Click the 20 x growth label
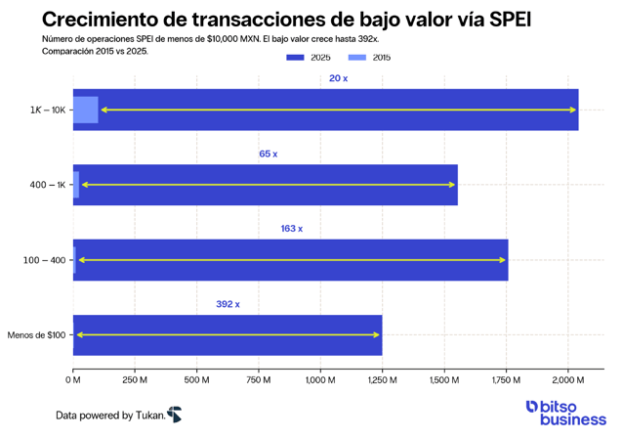tap(338, 78)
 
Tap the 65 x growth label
tap(268, 154)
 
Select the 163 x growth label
tap(291, 229)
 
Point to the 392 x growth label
tap(228, 304)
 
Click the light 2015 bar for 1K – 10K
tap(86, 110)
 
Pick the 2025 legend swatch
tap(296, 58)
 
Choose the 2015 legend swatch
tap(357, 58)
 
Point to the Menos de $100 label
tap(37, 335)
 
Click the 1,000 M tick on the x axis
tap(319, 379)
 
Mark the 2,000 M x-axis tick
tap(567, 379)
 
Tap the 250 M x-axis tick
tap(134, 379)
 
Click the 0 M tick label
tap(72, 379)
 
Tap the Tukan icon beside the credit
tap(174, 415)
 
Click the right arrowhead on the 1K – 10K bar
tap(572, 110)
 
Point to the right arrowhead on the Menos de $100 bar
tap(376, 335)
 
